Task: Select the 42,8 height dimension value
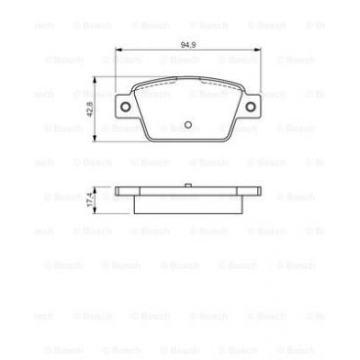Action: [89, 111]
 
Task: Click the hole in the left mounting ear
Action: [126, 108]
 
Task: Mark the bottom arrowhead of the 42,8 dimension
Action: [95, 140]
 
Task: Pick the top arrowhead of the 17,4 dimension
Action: [95, 187]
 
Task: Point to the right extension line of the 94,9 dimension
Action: [261, 68]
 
